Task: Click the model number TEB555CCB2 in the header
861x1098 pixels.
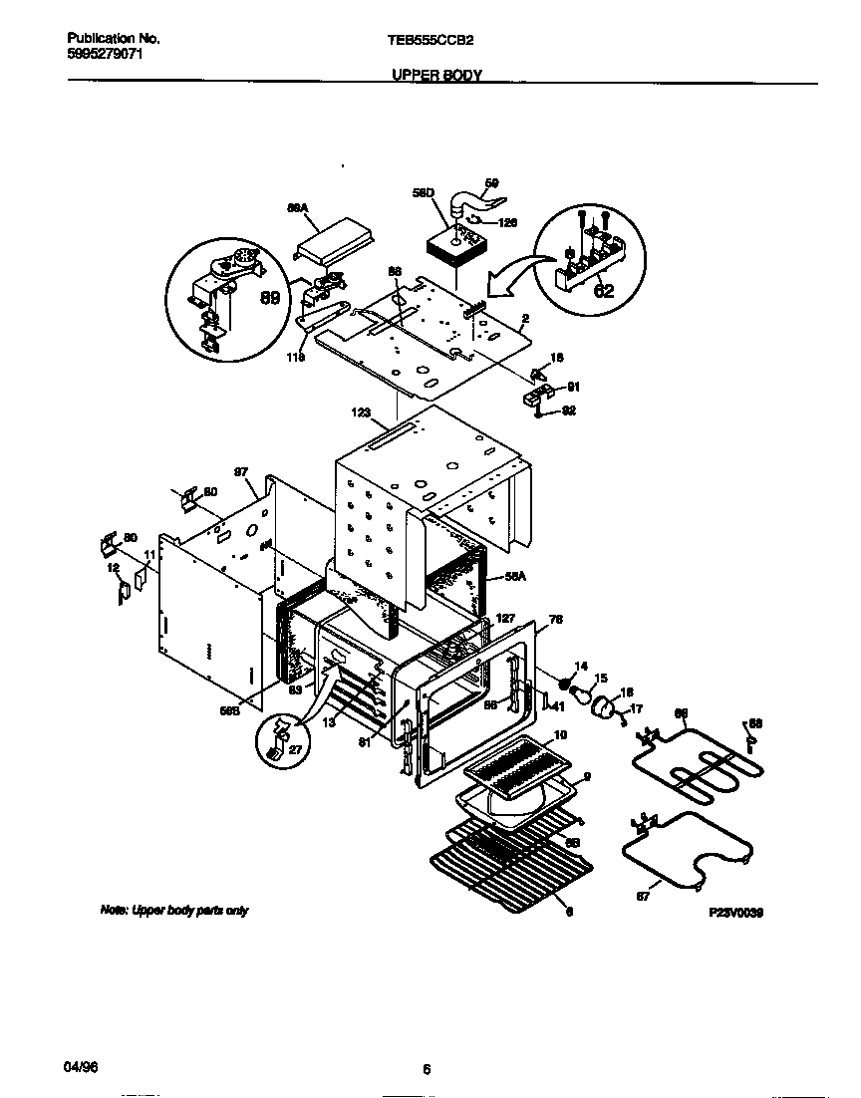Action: pos(430,39)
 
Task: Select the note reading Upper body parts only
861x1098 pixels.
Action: pos(173,911)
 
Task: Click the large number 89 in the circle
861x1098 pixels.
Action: pos(269,296)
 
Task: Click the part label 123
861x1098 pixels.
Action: pos(361,409)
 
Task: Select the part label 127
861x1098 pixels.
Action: pos(505,618)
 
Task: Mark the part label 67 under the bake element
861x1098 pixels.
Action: pos(643,897)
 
